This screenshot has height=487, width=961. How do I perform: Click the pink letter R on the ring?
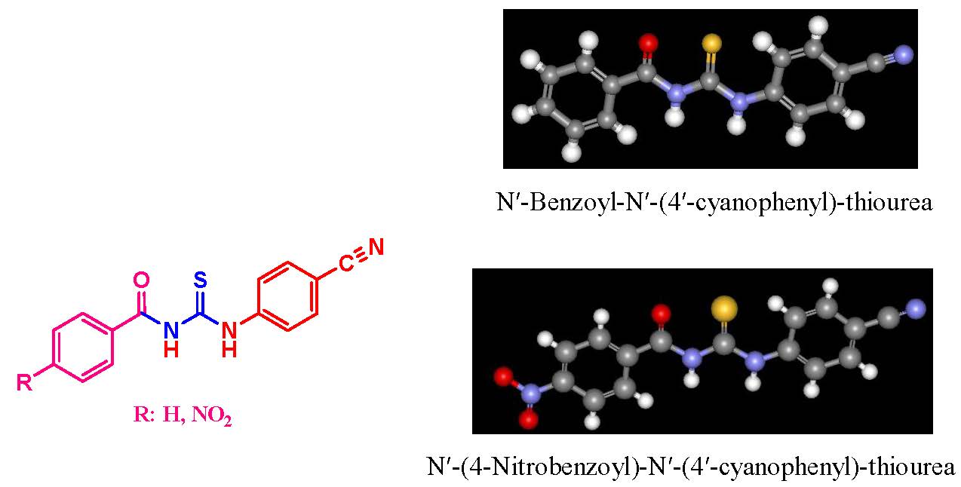pos(24,382)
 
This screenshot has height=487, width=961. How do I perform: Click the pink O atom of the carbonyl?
pos(141,281)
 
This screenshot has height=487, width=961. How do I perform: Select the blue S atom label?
pos(200,280)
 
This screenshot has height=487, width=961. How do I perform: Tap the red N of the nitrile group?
pos(376,247)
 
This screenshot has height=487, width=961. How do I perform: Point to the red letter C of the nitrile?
pos(346,263)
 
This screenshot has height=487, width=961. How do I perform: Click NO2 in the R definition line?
pos(214,416)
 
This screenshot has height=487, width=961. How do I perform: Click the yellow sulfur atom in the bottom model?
pos(723,308)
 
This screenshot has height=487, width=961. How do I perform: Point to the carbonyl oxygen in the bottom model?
pos(661,313)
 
